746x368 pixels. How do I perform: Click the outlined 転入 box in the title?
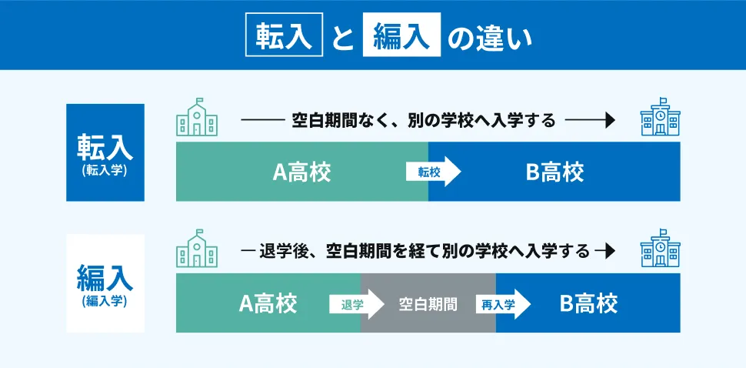284,35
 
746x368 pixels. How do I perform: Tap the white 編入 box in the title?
401,35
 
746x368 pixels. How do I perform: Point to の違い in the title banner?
490,35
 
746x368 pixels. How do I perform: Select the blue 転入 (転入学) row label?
105,152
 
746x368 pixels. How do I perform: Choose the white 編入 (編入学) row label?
105,283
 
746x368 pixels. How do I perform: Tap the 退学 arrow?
357,304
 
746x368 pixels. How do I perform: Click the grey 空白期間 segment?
428,303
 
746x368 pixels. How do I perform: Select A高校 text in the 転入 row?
301,172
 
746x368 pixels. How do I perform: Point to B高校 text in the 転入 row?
555,172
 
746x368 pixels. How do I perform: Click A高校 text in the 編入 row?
268,303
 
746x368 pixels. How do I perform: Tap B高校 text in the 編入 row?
588,303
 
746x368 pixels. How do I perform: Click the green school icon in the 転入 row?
197,117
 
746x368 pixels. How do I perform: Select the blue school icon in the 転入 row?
661,117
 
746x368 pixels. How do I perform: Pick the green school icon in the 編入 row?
197,248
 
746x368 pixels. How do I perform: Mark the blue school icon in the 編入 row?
661,248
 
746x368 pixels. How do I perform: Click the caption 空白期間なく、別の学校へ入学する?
424,121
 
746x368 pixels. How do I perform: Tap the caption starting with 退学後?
425,251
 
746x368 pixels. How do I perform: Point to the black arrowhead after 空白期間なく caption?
611,121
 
